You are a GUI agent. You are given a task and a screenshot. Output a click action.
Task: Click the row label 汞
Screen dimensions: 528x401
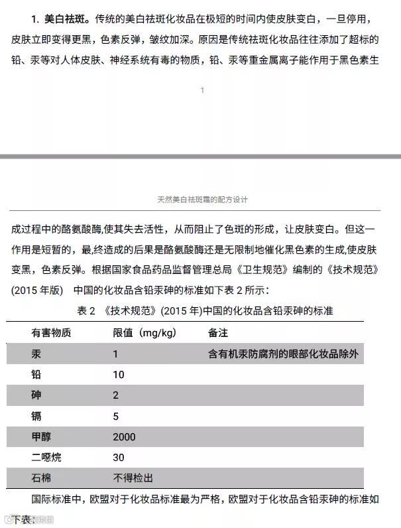coord(36,354)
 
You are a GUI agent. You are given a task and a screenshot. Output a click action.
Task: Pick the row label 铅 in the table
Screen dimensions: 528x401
coord(36,375)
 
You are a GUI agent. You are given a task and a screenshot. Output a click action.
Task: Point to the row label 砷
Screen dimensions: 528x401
coord(36,395)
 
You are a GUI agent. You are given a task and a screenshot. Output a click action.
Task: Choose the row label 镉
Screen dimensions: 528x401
coord(36,416)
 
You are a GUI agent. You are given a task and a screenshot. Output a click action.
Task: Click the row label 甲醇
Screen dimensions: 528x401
coord(41,436)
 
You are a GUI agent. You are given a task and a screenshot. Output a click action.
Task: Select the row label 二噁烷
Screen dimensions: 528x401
coord(46,457)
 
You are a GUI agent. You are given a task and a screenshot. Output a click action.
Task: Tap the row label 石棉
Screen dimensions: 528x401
coord(41,478)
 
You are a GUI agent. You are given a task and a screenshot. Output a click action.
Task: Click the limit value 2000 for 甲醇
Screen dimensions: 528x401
coord(124,436)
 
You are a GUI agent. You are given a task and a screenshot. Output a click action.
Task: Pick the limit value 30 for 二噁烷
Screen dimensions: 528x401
coord(119,457)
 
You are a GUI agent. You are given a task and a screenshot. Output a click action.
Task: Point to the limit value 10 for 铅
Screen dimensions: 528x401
coord(119,375)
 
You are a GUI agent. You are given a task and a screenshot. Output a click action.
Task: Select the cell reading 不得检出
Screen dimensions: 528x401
coord(134,478)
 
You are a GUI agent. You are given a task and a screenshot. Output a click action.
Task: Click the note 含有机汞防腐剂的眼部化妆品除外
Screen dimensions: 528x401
coord(283,354)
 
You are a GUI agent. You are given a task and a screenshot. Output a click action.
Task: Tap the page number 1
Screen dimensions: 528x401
coord(202,90)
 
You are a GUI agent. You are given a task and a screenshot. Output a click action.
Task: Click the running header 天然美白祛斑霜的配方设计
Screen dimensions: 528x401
coord(202,199)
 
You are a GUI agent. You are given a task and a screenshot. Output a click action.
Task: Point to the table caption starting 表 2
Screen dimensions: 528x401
coord(205,310)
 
